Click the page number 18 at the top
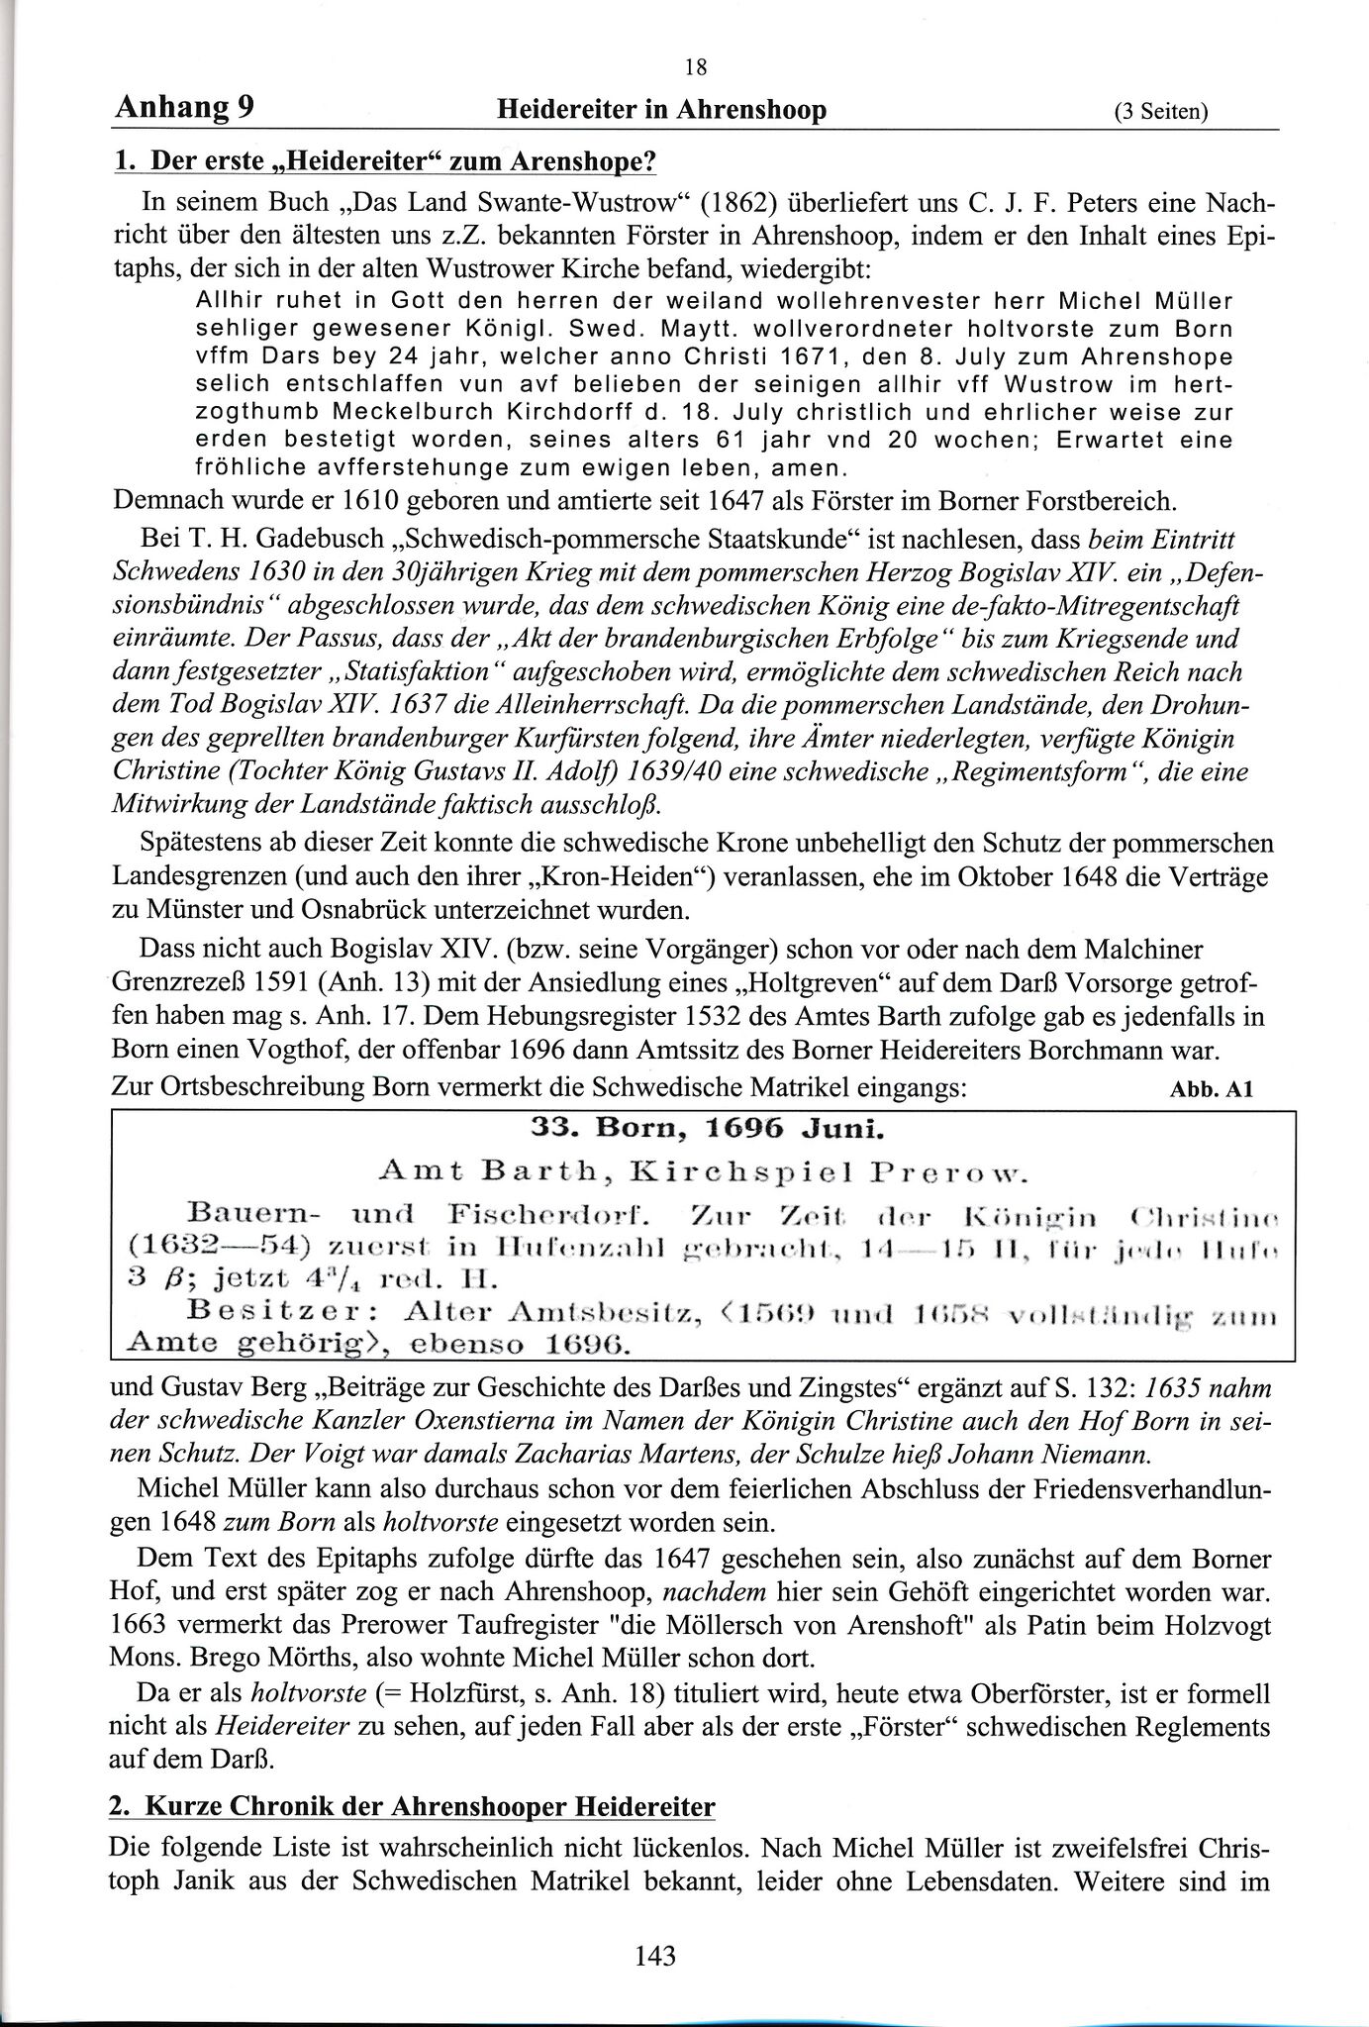pos(695,67)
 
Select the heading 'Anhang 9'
pos(184,107)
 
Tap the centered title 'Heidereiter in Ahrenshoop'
pos(661,109)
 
